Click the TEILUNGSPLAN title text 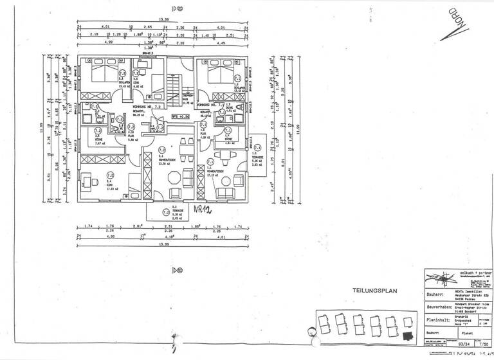pyautogui.click(x=375, y=291)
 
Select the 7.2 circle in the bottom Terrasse pyautogui.click(x=165, y=212)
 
